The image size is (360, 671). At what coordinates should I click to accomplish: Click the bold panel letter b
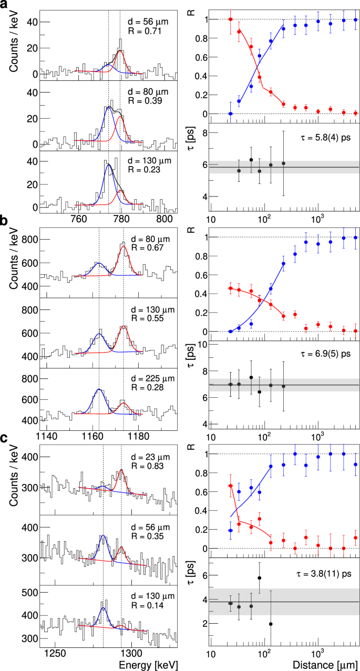[4, 222]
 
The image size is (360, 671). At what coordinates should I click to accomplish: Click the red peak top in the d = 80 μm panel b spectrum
[124, 245]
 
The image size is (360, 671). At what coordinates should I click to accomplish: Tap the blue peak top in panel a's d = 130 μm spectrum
[109, 164]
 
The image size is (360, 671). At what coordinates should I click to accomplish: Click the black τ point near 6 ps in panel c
[259, 577]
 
